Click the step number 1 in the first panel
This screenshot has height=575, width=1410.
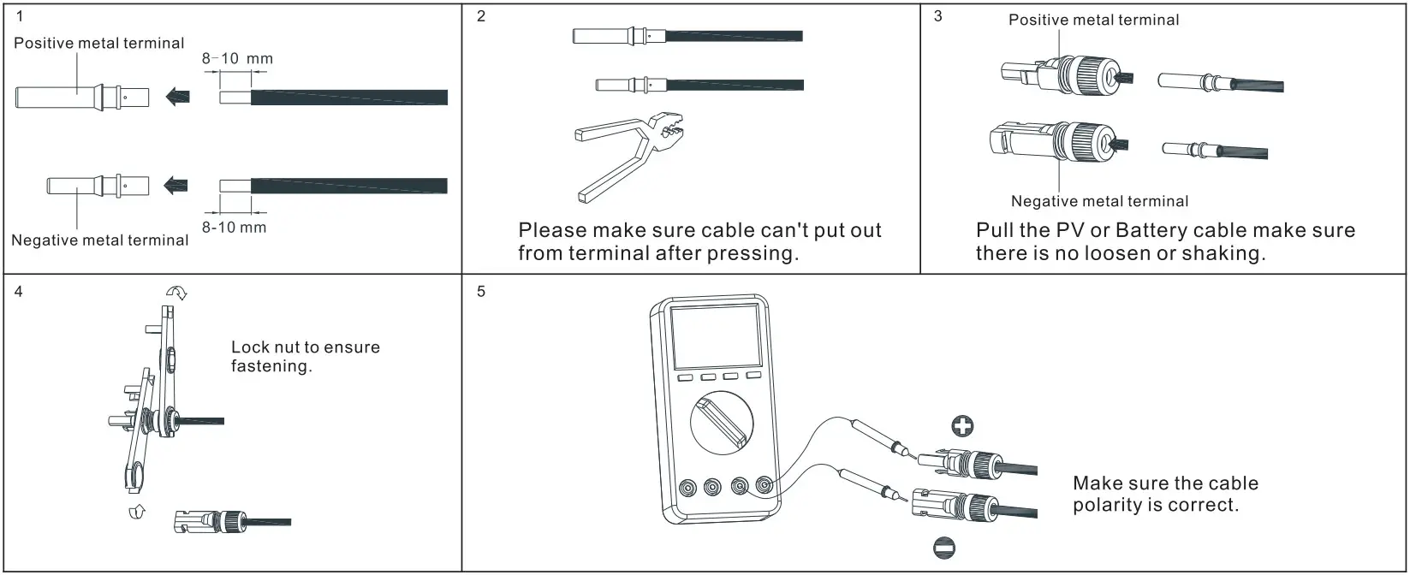point(21,16)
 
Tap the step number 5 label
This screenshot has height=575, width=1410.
point(481,292)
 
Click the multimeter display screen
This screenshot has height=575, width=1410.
point(714,337)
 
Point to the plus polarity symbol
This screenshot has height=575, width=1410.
point(963,425)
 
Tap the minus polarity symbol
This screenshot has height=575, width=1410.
point(944,548)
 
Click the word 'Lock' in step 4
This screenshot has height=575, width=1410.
point(249,347)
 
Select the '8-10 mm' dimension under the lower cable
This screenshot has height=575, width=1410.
point(234,228)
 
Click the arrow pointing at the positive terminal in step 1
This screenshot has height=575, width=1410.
point(178,96)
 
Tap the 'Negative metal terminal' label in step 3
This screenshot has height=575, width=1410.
point(1099,202)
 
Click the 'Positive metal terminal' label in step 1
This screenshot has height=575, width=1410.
point(99,44)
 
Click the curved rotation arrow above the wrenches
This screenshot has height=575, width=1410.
point(176,293)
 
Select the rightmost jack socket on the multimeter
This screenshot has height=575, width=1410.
point(764,487)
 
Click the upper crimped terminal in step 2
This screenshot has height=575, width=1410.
point(617,36)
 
